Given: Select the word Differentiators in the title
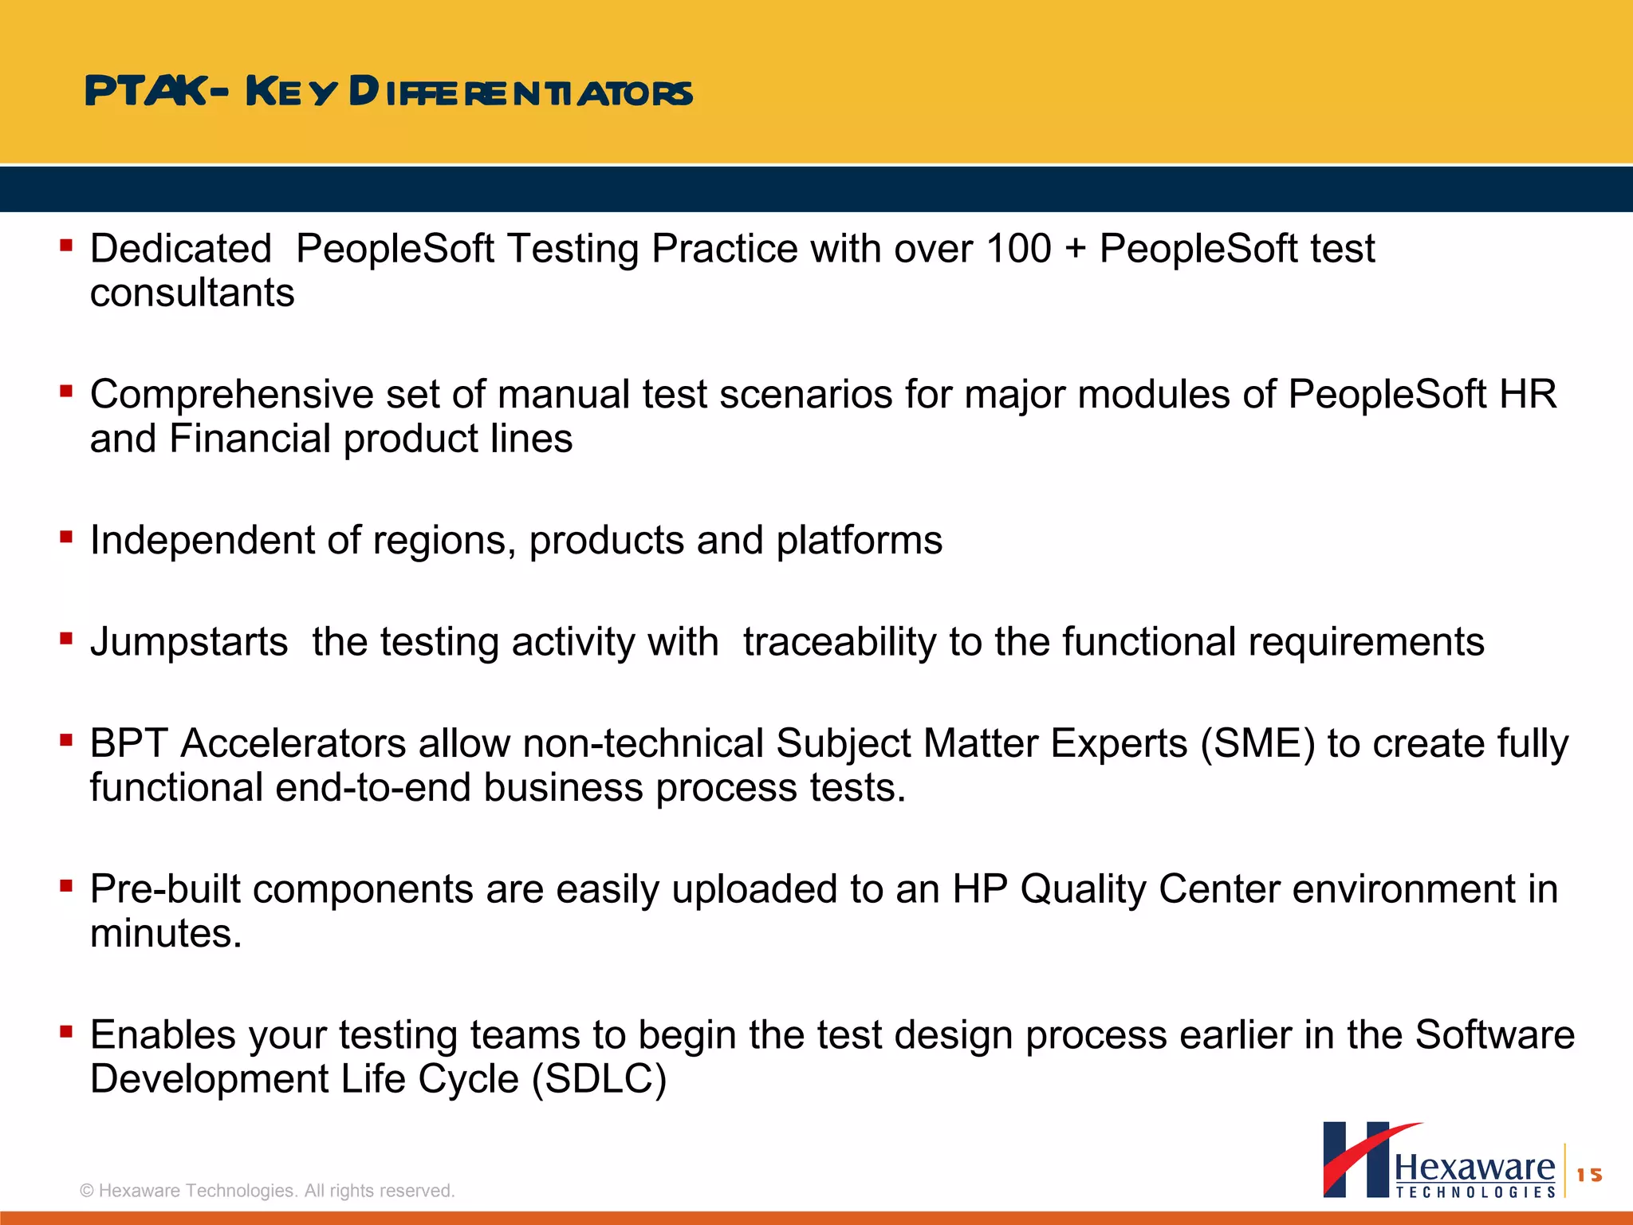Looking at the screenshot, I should (521, 92).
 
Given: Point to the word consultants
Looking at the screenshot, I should (192, 293).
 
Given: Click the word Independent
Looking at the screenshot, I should (203, 541).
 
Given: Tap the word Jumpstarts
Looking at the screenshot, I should (189, 642).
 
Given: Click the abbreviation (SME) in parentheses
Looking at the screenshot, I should (1257, 743).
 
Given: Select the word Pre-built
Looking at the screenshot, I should (165, 889).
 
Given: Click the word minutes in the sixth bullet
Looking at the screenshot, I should (165, 933).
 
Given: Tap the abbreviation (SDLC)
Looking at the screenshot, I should (599, 1079).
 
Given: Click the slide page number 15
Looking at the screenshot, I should (1589, 1175).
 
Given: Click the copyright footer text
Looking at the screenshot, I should (267, 1191).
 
